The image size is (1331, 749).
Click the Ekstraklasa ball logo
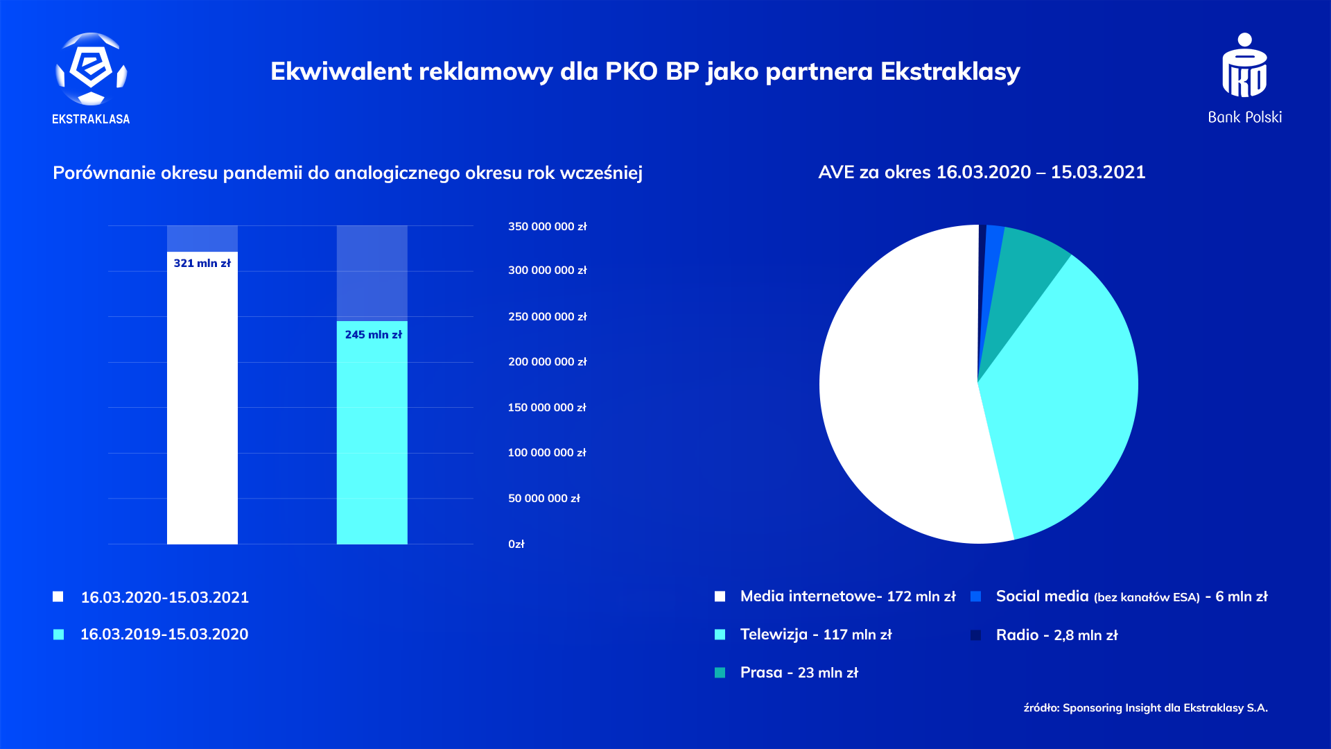coord(91,69)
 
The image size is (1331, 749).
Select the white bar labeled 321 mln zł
coord(202,402)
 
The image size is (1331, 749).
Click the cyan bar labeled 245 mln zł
coord(372,437)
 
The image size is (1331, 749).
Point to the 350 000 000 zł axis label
coord(547,227)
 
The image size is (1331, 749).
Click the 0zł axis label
coord(516,544)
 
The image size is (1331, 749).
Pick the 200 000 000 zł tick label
coord(547,362)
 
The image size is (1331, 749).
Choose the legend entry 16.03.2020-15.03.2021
coord(164,597)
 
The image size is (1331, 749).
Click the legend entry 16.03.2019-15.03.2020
coord(164,635)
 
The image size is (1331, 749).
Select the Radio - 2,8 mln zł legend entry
coord(1056,635)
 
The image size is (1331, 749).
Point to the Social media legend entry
coord(1131,596)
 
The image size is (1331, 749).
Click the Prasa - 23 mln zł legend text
coord(799,673)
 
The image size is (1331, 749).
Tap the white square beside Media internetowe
coord(720,596)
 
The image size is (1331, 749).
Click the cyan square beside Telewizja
coord(720,635)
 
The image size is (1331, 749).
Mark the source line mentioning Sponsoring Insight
coord(1145,708)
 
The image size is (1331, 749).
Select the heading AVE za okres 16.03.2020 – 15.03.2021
coord(982,173)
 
